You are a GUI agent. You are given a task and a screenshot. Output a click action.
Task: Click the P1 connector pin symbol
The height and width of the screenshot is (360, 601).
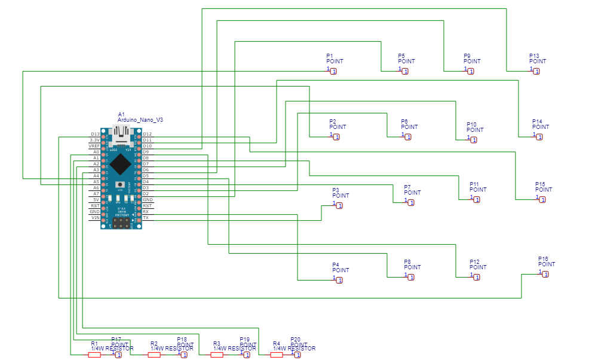click(333, 72)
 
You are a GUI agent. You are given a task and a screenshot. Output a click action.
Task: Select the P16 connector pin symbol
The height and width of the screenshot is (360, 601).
click(545, 274)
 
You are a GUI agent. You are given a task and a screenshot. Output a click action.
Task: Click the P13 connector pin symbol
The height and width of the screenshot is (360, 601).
click(536, 72)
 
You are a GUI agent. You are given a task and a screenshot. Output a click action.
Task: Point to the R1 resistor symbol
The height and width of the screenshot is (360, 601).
click(94, 355)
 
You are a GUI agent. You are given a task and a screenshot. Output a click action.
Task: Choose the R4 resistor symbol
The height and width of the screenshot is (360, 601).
click(276, 355)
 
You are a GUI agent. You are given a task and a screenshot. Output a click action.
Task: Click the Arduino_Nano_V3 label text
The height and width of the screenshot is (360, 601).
click(140, 120)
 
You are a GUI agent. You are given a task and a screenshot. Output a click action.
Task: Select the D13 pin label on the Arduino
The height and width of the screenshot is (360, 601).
click(95, 134)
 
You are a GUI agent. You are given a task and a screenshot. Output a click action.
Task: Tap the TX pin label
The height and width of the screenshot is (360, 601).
click(146, 218)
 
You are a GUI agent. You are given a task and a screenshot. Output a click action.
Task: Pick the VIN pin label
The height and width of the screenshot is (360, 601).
click(95, 218)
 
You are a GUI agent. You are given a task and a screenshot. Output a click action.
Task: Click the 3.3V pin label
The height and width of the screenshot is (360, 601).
click(94, 140)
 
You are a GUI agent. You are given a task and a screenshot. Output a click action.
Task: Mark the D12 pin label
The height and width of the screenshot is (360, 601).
click(147, 134)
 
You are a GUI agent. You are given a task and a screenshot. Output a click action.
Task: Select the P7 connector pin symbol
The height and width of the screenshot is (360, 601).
click(411, 203)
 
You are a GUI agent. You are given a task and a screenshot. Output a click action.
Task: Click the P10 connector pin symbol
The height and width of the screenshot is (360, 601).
click(474, 140)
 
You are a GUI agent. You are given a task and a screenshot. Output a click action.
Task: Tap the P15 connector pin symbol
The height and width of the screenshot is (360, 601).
click(542, 199)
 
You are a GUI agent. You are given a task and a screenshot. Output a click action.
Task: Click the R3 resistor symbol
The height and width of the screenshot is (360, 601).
click(217, 355)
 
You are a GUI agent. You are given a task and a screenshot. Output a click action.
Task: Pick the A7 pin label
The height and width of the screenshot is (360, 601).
click(96, 194)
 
